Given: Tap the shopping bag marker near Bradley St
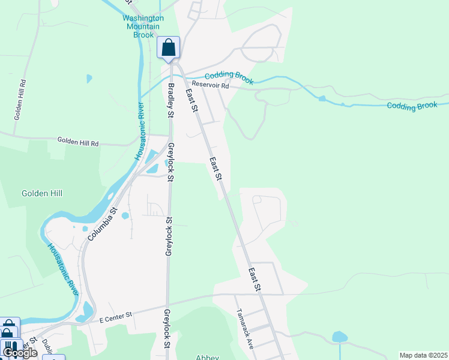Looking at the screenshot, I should (x=169, y=47).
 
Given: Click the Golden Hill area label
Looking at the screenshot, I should (x=42, y=193).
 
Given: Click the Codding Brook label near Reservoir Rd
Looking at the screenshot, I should (x=229, y=77).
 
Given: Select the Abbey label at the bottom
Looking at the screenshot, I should (x=208, y=356).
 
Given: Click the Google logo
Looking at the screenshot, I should (x=19, y=352).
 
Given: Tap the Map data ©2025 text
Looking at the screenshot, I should (x=423, y=355).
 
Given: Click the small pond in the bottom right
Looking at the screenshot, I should (x=340, y=337).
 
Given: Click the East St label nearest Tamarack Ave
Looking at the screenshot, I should (x=255, y=280).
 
